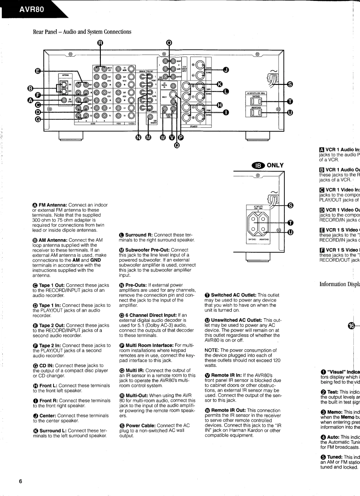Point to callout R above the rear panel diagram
click(100, 43)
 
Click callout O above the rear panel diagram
click(169, 43)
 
